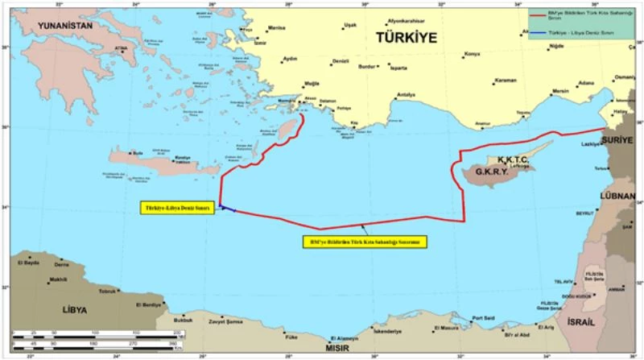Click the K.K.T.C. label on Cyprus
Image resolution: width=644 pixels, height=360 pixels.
tap(513, 160)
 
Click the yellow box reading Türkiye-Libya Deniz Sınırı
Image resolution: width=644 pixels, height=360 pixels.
tap(177, 208)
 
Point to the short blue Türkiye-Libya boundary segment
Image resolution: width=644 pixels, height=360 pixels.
tap(227, 209)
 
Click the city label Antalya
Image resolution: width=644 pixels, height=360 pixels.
tap(406, 95)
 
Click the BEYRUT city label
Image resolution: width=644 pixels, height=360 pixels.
tap(584, 213)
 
